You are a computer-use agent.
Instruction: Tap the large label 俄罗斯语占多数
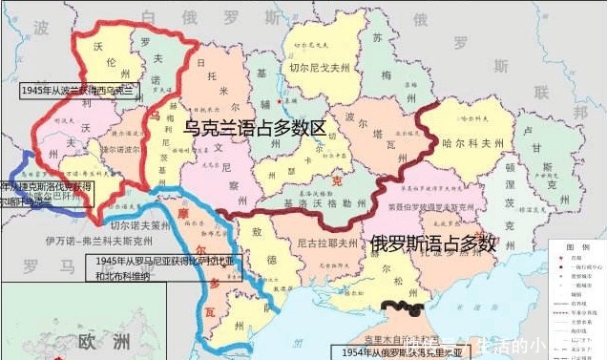433,243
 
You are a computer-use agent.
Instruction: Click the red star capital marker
277,99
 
